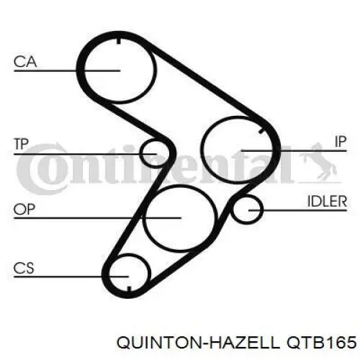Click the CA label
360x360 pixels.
click(x=25, y=62)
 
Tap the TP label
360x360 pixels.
click(x=22, y=144)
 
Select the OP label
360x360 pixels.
click(x=24, y=210)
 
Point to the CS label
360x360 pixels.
click(x=24, y=268)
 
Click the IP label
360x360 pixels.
click(x=341, y=142)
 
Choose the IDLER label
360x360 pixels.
click(x=327, y=201)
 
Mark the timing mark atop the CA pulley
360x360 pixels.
click(x=119, y=41)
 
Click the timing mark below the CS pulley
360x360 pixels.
click(x=129, y=289)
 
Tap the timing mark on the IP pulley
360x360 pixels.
click(x=261, y=131)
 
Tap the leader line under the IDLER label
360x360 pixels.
click(x=297, y=210)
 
